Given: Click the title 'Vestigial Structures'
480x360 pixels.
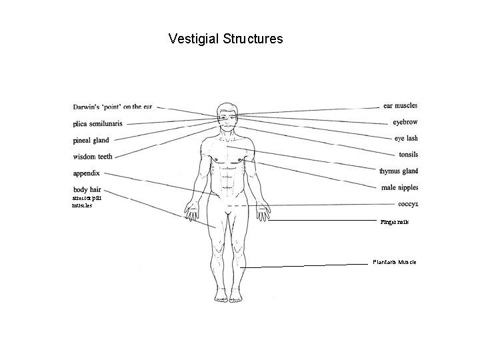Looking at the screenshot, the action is [226, 39].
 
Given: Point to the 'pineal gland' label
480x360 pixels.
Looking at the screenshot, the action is [91, 140].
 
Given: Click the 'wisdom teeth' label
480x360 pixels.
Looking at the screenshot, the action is [93, 157].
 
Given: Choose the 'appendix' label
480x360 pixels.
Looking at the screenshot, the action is [86, 173].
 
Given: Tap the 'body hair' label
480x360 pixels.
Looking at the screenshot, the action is [87, 190].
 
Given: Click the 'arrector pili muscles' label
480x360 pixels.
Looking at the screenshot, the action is [87, 201].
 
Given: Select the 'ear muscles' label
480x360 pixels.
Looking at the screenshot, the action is [400, 105].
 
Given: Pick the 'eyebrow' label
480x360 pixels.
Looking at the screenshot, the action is [405, 122].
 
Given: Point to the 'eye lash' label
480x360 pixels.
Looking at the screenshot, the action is [405, 139].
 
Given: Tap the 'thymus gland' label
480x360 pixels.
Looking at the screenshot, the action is [398, 171].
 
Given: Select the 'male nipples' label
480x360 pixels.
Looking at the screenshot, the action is [398, 188].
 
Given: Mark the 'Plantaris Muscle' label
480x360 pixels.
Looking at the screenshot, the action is [394, 263].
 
